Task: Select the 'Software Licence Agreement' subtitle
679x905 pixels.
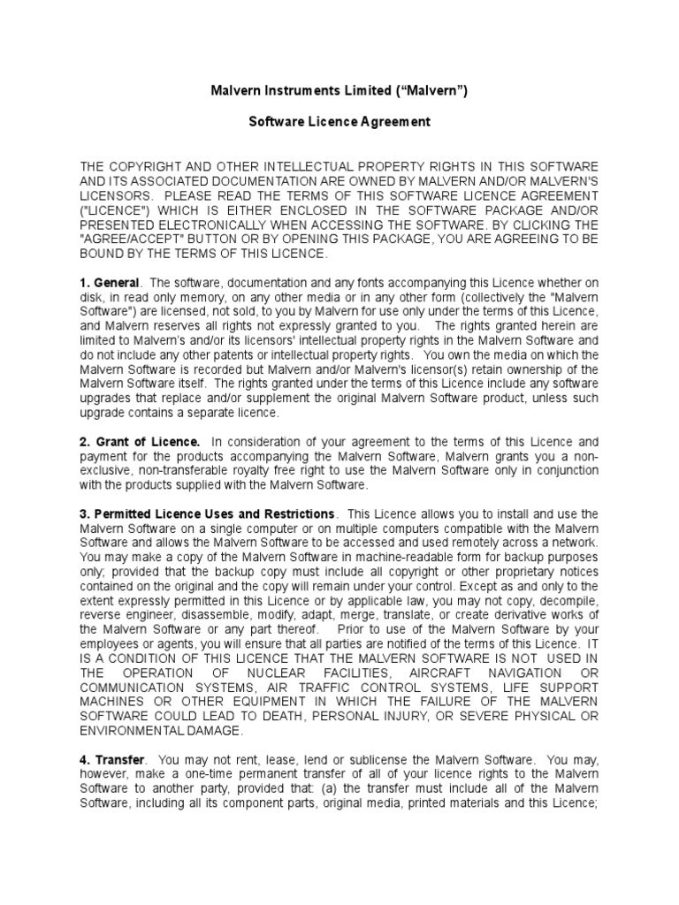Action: pyautogui.click(x=339, y=122)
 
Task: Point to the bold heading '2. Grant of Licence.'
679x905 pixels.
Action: pyautogui.click(x=141, y=441)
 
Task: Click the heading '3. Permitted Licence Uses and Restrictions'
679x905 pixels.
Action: pyautogui.click(x=208, y=514)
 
